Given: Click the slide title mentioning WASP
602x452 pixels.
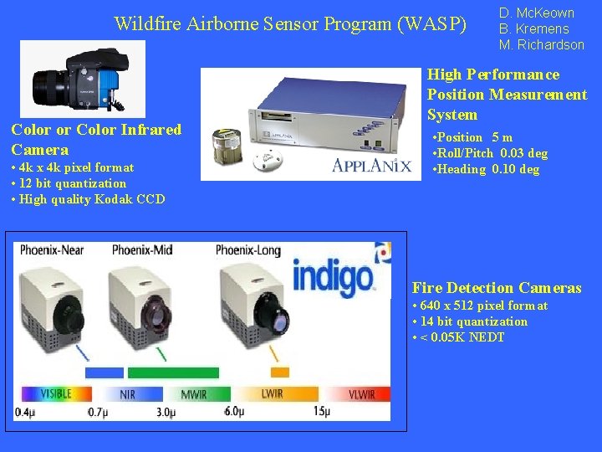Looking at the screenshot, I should click(290, 23).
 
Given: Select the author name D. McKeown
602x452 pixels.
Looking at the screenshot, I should click(536, 13).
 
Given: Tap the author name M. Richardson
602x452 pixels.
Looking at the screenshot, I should click(541, 44).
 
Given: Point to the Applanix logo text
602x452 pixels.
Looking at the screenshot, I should click(371, 165).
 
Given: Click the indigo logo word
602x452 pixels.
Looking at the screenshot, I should click(333, 275).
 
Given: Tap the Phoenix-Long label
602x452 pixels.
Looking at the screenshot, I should click(252, 249).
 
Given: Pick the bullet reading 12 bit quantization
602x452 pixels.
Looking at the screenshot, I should click(68, 183).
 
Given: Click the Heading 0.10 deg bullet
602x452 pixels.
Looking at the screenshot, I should click(486, 169).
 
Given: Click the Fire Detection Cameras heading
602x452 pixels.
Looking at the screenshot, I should click(496, 288).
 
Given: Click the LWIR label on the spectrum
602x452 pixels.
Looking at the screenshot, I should click(273, 393).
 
